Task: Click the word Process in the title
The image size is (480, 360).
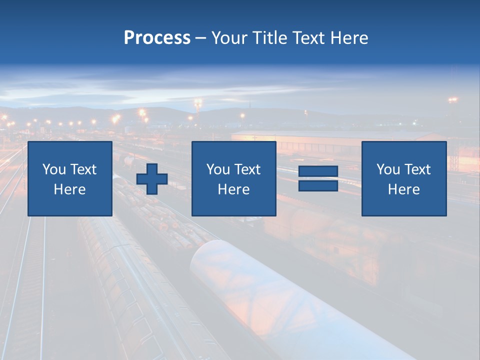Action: (157, 38)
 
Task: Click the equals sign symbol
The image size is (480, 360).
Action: (318, 179)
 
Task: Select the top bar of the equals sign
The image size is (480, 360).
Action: (318, 172)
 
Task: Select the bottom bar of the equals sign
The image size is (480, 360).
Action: (318, 186)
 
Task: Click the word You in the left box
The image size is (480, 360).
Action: (53, 169)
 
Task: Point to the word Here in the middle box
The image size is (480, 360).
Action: (233, 189)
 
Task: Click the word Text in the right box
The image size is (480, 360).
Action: (417, 169)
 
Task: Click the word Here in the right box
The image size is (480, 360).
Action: (403, 189)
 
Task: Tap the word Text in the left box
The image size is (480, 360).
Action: (83, 169)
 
